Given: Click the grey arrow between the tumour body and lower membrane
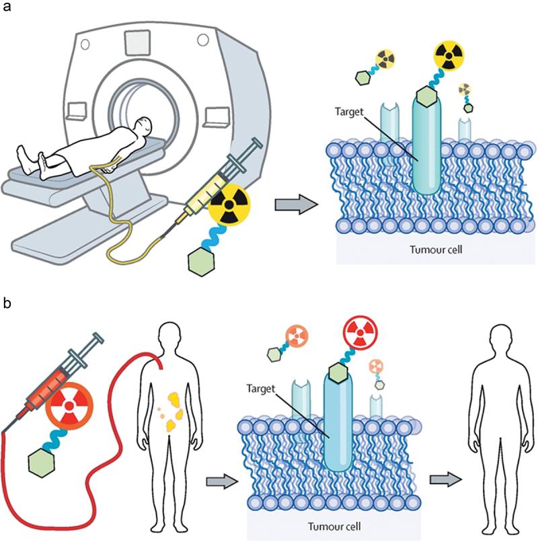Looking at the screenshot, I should pyautogui.click(x=221, y=479).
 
